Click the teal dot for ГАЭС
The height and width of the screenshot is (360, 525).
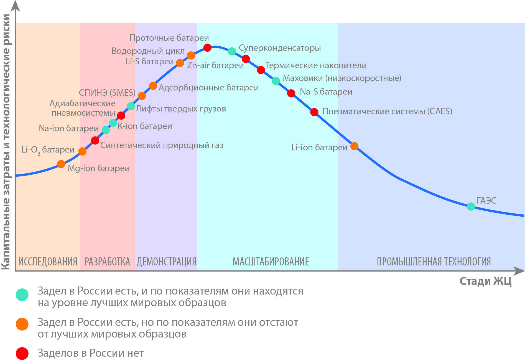coord(471,206)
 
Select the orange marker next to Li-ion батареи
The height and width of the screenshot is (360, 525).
coord(354,146)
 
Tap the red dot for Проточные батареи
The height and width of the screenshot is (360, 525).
coord(207,48)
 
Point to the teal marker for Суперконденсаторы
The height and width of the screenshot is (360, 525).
coord(232,51)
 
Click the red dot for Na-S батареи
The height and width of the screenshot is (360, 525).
coord(291,93)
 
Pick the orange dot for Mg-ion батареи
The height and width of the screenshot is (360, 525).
coord(61,164)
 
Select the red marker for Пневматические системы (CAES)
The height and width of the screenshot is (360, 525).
coord(314,112)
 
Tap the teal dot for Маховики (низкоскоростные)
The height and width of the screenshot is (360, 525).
coord(276,81)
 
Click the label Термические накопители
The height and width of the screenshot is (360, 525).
coord(316,65)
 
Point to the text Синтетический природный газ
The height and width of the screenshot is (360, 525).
coord(162,145)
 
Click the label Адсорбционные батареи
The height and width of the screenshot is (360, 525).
coord(209,88)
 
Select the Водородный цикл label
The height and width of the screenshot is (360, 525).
coord(148,51)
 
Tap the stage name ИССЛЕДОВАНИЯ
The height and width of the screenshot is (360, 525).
coord(48,262)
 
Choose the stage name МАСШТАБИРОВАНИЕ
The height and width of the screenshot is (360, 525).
coord(271,262)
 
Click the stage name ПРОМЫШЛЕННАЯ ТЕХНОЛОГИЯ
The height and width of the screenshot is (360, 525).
coord(434,262)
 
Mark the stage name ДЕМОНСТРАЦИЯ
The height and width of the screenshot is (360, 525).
coord(166,262)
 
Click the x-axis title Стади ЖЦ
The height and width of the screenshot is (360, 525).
coord(485,281)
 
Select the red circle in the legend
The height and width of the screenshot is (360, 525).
coord(22,353)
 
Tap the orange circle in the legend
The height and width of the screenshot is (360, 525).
coord(22,324)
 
